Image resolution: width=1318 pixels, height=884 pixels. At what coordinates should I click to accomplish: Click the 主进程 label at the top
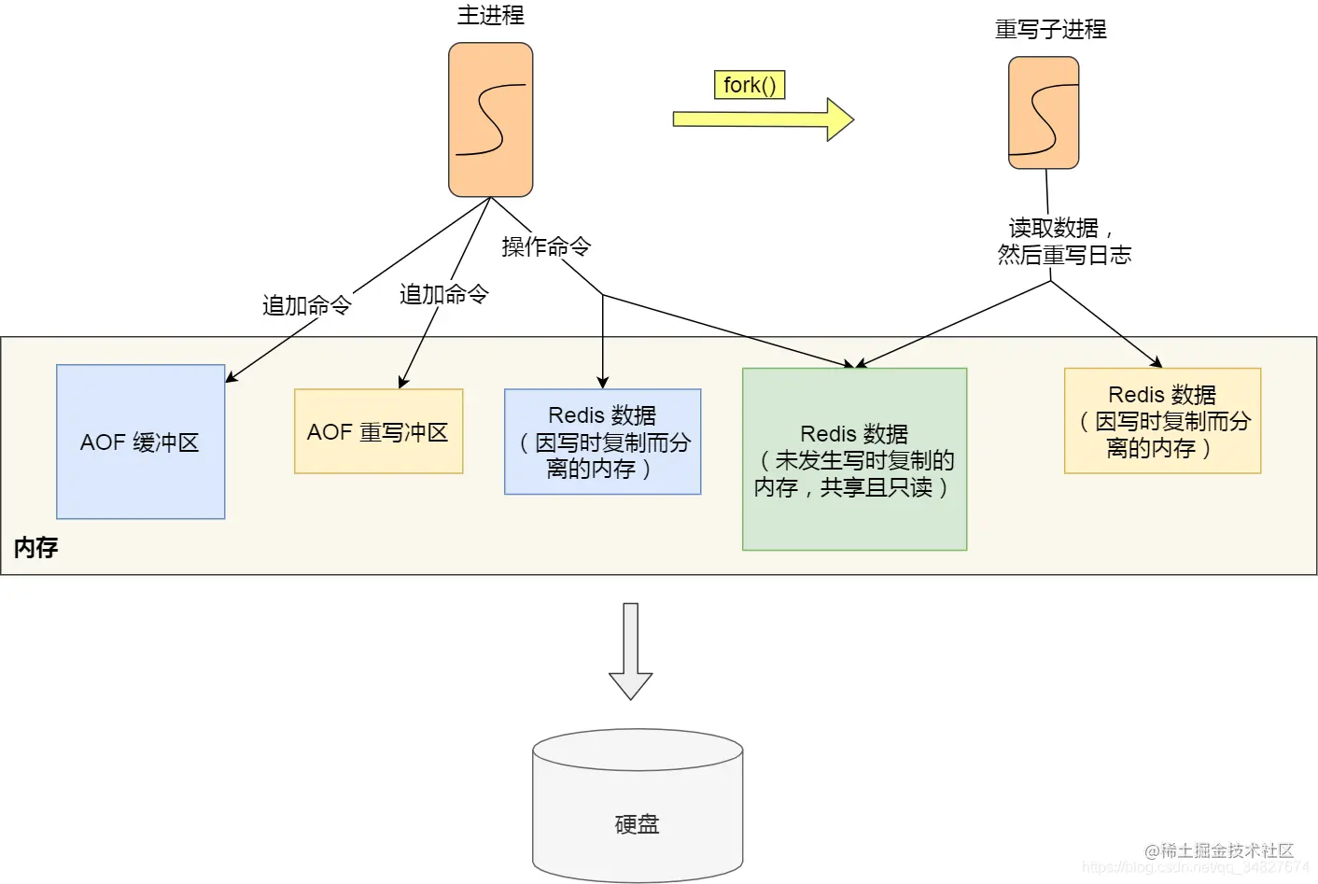pyautogui.click(x=490, y=15)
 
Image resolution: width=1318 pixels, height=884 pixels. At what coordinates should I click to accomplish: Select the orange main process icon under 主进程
pyautogui.click(x=490, y=119)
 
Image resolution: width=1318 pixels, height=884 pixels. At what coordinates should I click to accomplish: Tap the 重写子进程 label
pyautogui.click(x=1050, y=30)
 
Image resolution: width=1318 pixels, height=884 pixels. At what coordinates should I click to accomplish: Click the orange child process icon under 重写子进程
pyautogui.click(x=1044, y=113)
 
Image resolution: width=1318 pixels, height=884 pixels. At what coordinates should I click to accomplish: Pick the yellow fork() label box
pyautogui.click(x=749, y=85)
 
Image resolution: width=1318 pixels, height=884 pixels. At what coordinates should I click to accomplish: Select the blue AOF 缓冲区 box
pyautogui.click(x=140, y=442)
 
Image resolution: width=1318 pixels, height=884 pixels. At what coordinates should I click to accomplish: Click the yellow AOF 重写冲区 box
pyautogui.click(x=378, y=431)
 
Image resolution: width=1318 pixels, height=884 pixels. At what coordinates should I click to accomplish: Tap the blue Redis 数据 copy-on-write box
pyautogui.click(x=602, y=442)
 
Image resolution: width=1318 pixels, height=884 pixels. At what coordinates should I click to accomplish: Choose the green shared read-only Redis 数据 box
pyautogui.click(x=854, y=459)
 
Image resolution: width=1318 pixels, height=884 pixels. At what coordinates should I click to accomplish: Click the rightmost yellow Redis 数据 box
pyautogui.click(x=1162, y=421)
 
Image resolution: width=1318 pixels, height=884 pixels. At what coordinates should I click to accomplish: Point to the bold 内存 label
pyautogui.click(x=36, y=547)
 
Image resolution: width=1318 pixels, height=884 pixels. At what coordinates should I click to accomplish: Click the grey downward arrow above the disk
pyautogui.click(x=631, y=652)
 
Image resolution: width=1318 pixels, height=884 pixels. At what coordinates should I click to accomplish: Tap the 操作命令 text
pyautogui.click(x=546, y=246)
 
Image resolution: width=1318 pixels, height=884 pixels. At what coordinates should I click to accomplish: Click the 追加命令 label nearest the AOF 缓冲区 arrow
pyautogui.click(x=306, y=305)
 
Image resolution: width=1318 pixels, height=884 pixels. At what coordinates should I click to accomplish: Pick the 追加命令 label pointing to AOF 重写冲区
pyautogui.click(x=443, y=294)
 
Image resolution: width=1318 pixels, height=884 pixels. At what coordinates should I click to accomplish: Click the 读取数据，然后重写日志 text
pyautogui.click(x=1063, y=242)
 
